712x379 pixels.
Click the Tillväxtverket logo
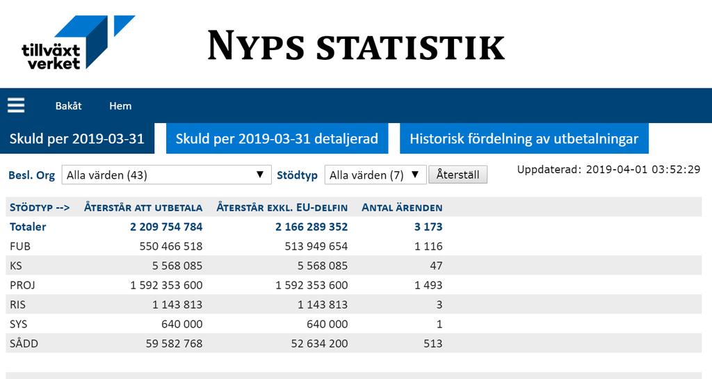pos(78,42)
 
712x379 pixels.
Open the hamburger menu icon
pos(16,106)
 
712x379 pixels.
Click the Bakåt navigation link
pos(69,106)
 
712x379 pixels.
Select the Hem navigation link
pos(120,106)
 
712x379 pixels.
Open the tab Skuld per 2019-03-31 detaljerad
pos(277,138)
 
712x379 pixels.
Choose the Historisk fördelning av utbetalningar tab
pos(524,138)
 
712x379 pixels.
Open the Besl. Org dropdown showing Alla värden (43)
pos(166,175)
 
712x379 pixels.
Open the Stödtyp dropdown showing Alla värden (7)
pos(375,175)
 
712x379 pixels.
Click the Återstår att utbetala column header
pos(143,208)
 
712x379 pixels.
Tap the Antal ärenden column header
pos(402,208)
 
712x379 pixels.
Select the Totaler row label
pos(28,227)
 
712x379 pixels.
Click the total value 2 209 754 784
pos(166,227)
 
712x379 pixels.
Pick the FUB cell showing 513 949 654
pos(316,246)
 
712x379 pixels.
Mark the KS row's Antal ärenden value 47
pos(436,266)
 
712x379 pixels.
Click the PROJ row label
pos(23,286)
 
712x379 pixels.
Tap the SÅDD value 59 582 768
pos(174,344)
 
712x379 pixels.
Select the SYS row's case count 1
pos(439,324)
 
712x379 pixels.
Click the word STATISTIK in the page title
pos(410,47)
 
